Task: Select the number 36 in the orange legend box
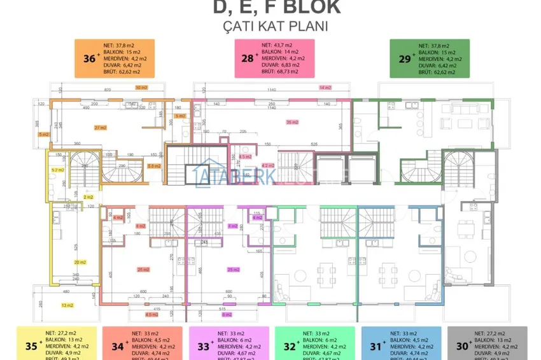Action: [x=88, y=59]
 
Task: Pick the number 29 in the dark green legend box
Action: [x=403, y=59]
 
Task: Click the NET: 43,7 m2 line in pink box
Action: [x=277, y=46]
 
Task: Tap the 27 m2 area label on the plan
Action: [x=100, y=128]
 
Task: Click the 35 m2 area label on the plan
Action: [x=293, y=122]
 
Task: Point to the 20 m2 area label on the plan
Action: [x=80, y=262]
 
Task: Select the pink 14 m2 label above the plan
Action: [x=326, y=87]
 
